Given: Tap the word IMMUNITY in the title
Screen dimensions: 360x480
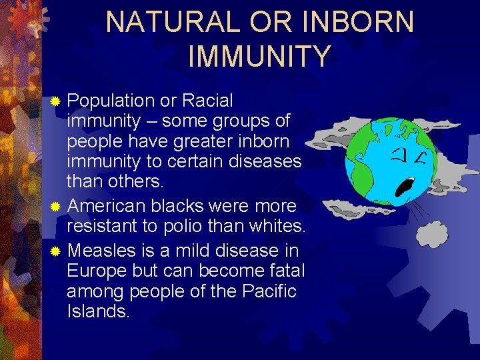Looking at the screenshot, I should tap(259, 56).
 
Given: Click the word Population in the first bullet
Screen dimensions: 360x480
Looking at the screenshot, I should tap(111, 101).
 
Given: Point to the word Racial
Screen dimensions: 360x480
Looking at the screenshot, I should tap(207, 101).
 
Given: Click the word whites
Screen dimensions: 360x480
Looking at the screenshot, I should tap(275, 227).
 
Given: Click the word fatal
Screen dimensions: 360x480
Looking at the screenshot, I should tap(285, 271).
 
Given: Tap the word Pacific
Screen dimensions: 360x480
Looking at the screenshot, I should tap(266, 291).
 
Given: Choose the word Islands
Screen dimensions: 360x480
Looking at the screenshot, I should tap(99, 311).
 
